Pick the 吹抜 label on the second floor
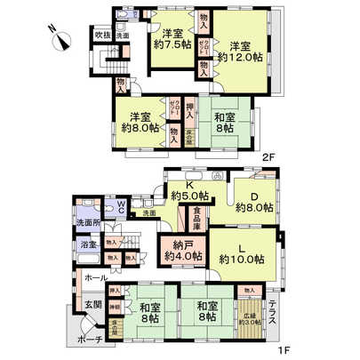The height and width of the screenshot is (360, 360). pos(102,36)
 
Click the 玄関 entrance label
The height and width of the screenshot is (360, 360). pos(92,307)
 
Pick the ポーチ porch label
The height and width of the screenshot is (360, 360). pos(89,340)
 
